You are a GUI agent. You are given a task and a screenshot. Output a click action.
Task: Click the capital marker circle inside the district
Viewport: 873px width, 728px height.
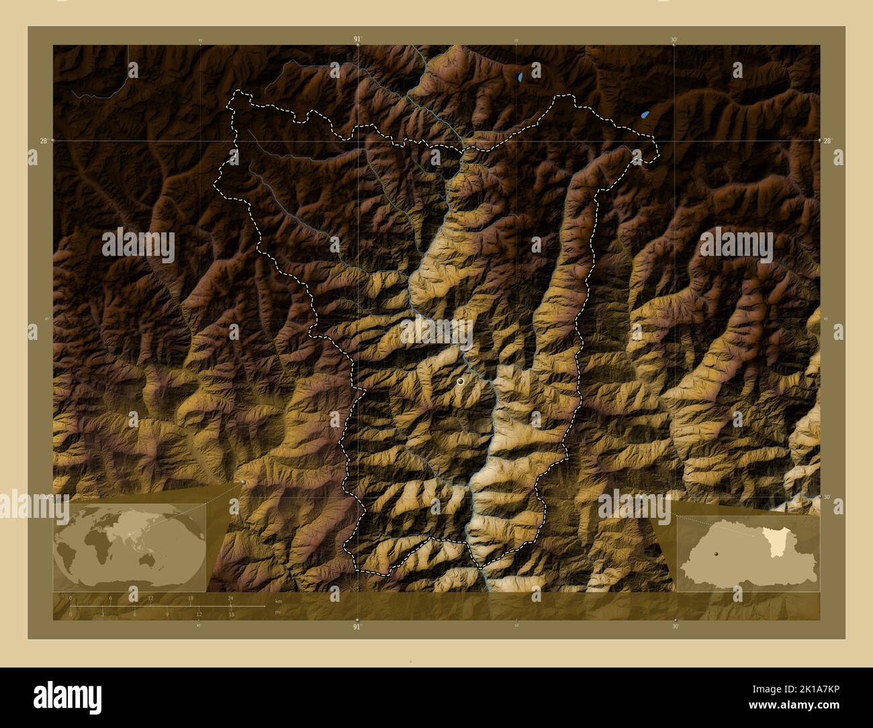point(460,381)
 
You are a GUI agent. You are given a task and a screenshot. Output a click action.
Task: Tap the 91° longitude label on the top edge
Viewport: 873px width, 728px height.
point(357,40)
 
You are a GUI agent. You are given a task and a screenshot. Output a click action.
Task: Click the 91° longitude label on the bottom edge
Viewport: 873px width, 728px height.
point(357,627)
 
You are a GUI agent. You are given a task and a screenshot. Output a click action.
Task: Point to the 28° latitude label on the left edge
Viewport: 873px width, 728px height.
point(43,140)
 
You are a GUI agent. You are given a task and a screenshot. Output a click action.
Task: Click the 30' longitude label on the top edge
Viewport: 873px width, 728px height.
point(674,40)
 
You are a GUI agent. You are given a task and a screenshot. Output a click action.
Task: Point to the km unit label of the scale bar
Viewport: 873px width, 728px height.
point(278,600)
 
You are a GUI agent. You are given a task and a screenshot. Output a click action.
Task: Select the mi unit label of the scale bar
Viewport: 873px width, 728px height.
point(277,612)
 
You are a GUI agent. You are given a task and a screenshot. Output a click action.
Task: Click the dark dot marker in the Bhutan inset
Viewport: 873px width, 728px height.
point(717,553)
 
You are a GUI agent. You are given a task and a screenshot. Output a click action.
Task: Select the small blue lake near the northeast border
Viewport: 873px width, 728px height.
point(645,115)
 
